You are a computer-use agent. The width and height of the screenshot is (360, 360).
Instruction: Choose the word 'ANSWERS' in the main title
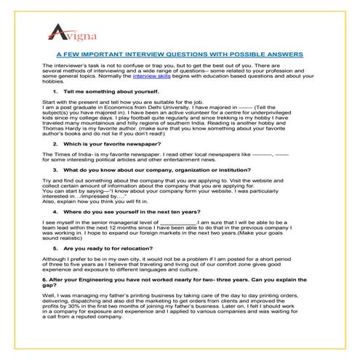pos(281,73)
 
